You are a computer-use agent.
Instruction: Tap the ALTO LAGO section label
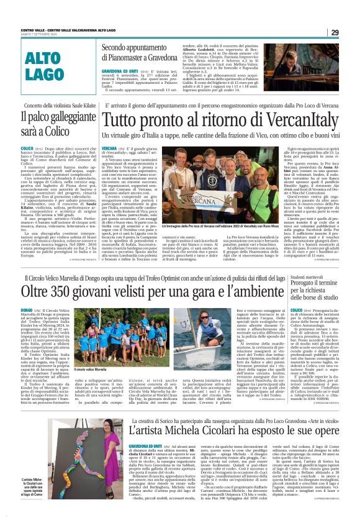(60, 65)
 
